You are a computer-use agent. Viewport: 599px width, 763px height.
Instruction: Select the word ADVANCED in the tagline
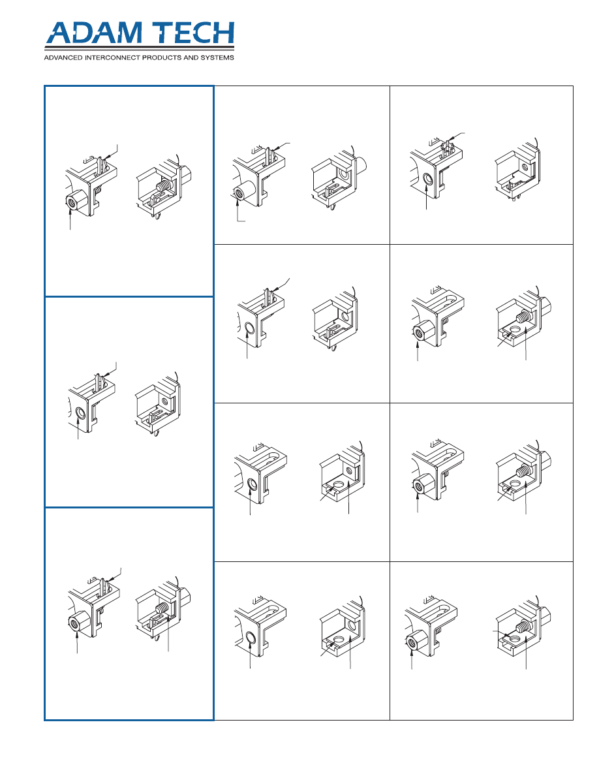point(63,58)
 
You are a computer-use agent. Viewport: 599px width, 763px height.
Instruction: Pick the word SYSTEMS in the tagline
point(217,58)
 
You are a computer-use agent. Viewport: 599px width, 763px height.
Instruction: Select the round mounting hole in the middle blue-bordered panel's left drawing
point(81,414)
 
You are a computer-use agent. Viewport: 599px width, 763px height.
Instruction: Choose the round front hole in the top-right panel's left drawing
point(428,179)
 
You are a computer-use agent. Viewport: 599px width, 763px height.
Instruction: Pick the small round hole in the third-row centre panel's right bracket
point(349,471)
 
